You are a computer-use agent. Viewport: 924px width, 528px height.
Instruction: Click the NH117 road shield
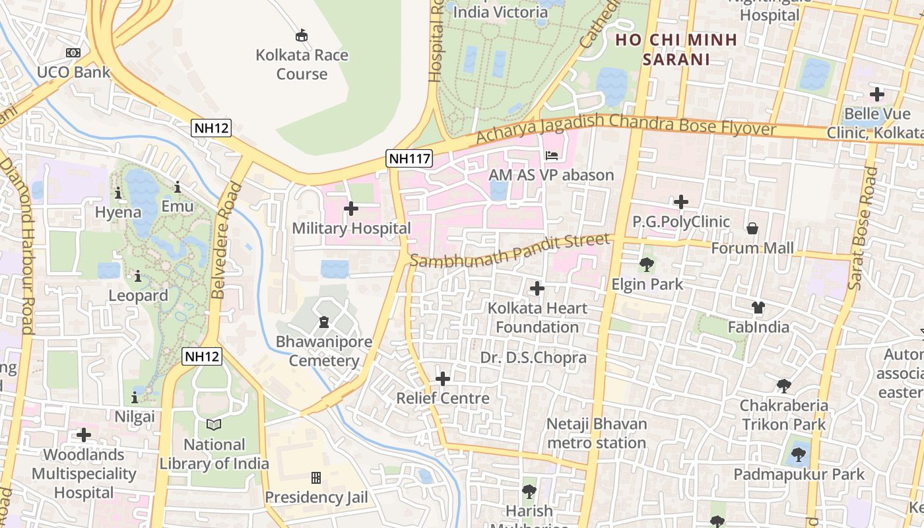pos(409,158)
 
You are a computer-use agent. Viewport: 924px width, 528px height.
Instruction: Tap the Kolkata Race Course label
pos(302,64)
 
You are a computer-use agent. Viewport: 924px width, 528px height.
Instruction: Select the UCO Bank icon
pos(73,53)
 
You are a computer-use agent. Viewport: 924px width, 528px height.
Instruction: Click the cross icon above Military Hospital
pos(351,209)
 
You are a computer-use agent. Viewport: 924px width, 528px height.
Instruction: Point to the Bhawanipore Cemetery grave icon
pos(323,322)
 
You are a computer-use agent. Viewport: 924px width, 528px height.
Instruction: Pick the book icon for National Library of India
pos(214,424)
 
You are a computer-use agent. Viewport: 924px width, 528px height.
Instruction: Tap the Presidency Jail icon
pos(315,477)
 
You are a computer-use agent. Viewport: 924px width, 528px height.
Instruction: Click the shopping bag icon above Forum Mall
pos(752,228)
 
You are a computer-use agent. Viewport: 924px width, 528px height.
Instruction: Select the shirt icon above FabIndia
pos(758,307)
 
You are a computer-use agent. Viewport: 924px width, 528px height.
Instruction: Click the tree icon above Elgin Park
pos(646,265)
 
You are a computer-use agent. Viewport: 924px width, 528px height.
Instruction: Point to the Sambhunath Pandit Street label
pos(509,250)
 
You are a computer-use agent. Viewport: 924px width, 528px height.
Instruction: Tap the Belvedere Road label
pos(224,240)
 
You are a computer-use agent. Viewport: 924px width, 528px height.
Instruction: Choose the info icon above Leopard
pos(138,276)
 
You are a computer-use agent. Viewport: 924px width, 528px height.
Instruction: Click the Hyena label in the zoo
pos(118,213)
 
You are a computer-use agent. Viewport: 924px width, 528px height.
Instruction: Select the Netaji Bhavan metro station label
pos(597,433)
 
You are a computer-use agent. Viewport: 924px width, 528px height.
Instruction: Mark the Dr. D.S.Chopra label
pos(533,358)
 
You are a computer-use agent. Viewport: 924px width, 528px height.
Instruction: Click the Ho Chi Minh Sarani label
pos(676,49)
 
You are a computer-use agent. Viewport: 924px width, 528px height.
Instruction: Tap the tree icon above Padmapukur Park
pos(799,454)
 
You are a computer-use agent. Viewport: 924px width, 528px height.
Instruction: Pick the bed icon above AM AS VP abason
pos(552,156)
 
